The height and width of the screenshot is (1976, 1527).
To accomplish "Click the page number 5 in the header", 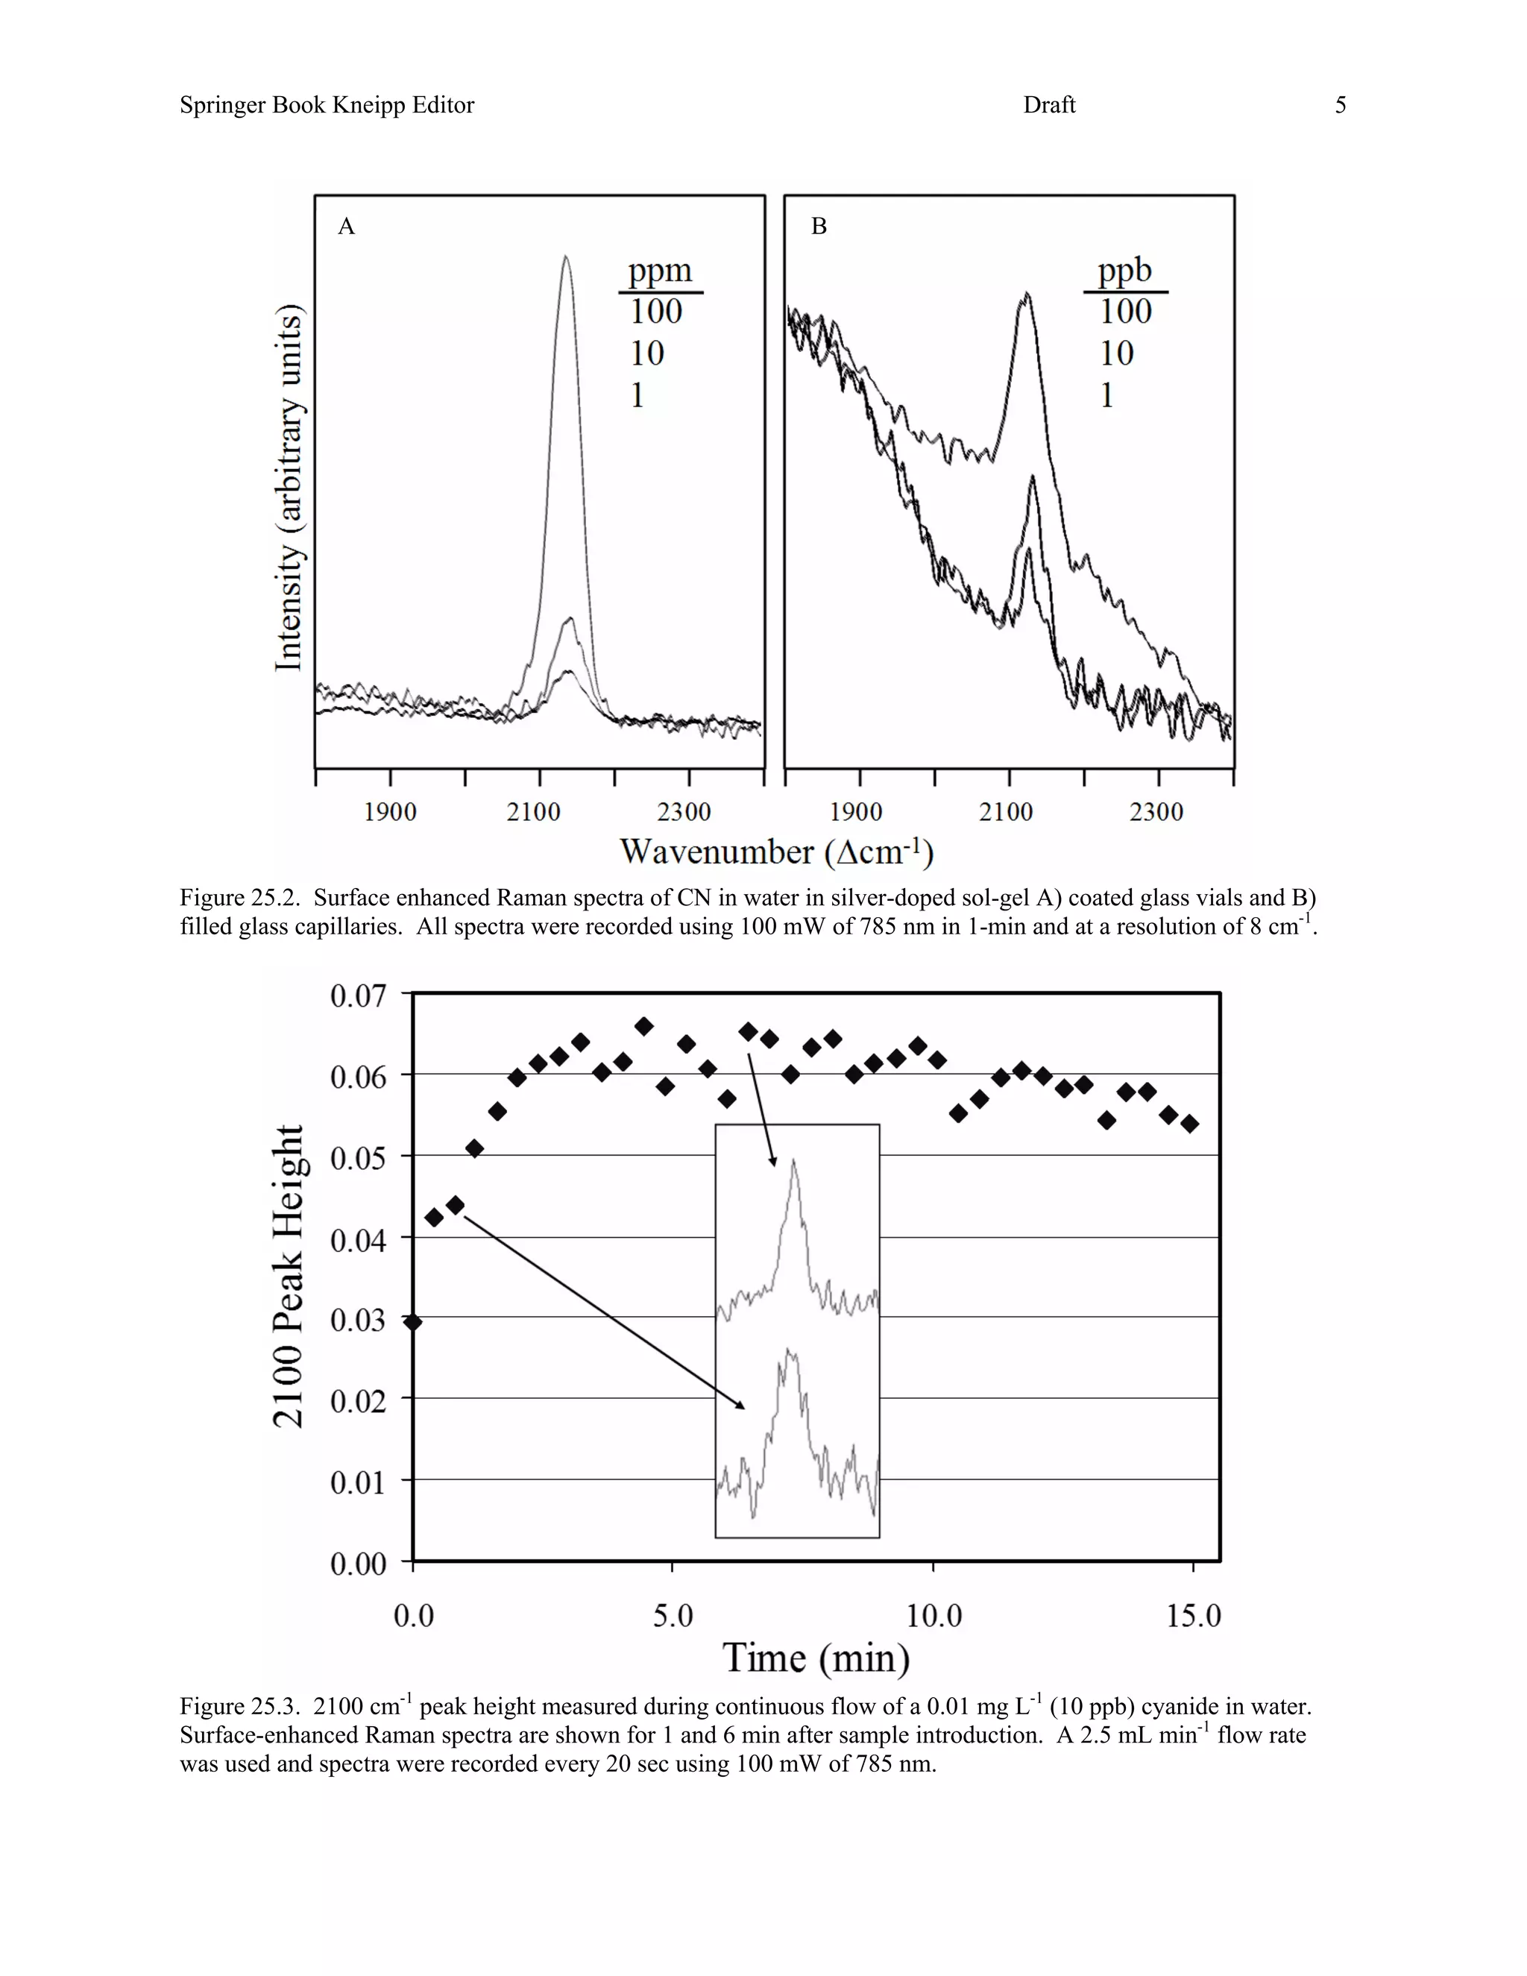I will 1340,105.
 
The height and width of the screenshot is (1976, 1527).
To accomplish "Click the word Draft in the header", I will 1048,105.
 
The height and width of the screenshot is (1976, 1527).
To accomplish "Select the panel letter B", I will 819,226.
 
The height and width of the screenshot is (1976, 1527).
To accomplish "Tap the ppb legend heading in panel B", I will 1124,271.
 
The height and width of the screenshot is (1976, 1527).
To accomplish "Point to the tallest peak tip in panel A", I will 567,257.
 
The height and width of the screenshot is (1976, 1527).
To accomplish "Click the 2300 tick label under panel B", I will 1156,811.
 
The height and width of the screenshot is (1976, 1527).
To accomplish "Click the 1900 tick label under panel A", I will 390,811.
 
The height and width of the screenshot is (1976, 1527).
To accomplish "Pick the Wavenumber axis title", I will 775,852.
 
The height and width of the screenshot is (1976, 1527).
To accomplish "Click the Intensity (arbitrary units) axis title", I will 289,488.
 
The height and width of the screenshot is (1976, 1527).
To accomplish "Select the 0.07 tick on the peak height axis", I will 358,996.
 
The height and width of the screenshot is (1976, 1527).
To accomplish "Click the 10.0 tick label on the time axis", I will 933,1616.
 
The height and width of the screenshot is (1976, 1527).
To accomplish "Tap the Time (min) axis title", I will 816,1658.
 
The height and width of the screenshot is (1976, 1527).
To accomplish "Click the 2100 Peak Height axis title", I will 289,1277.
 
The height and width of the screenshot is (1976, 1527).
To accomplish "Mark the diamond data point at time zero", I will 413,1322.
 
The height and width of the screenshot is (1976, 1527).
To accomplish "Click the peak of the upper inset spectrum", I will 793,1161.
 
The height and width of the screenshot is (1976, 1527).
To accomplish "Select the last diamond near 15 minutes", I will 1189,1124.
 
